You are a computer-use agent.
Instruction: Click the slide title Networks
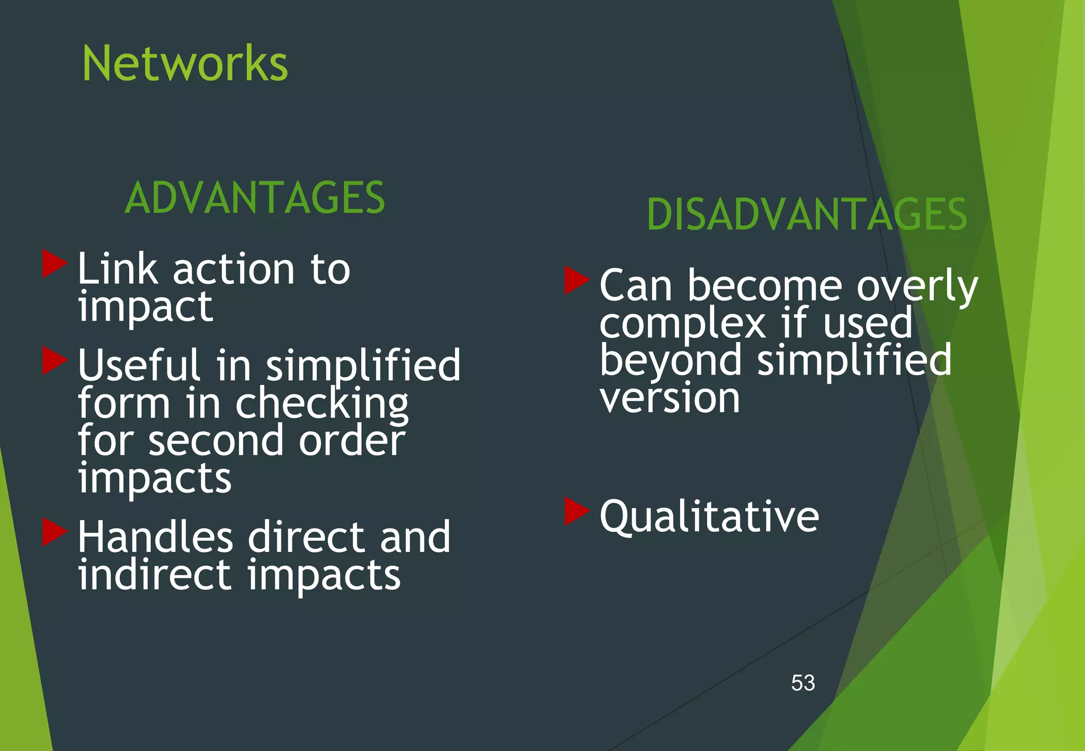click(x=185, y=64)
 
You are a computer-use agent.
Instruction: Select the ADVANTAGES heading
click(x=255, y=198)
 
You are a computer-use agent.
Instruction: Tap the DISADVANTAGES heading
click(x=807, y=214)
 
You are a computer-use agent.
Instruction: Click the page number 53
click(x=803, y=683)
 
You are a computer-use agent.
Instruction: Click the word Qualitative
click(x=709, y=516)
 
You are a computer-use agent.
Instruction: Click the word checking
click(x=322, y=404)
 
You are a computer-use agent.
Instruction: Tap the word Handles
click(x=155, y=537)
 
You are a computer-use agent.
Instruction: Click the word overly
click(x=917, y=286)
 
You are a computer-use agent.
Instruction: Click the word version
click(x=670, y=398)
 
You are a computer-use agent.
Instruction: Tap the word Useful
click(x=139, y=365)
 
